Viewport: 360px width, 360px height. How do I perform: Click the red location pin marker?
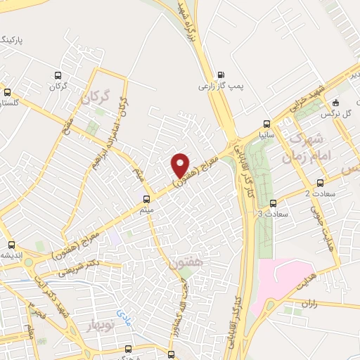181,165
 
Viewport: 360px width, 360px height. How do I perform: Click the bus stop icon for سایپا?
265,122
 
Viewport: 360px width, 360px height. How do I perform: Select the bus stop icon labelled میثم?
146,198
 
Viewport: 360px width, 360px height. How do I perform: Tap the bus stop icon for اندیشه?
11,245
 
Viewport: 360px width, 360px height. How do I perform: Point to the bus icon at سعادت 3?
274,202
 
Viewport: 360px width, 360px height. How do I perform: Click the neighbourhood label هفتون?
184,264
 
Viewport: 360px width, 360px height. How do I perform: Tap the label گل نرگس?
336,112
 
